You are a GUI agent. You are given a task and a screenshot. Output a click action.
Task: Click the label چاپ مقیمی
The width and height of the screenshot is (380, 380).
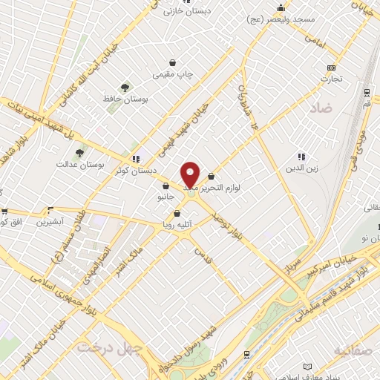pyautogui.click(x=172, y=75)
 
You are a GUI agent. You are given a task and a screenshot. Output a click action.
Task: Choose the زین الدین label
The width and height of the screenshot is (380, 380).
pyautogui.click(x=301, y=168)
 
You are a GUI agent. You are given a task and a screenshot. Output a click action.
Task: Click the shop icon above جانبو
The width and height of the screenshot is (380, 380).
pyautogui.click(x=164, y=186)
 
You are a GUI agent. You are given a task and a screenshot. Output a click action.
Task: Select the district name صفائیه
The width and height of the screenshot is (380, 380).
pyautogui.click(x=352, y=349)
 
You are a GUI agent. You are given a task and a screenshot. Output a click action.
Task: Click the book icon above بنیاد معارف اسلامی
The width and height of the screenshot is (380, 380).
pyautogui.click(x=309, y=367)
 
